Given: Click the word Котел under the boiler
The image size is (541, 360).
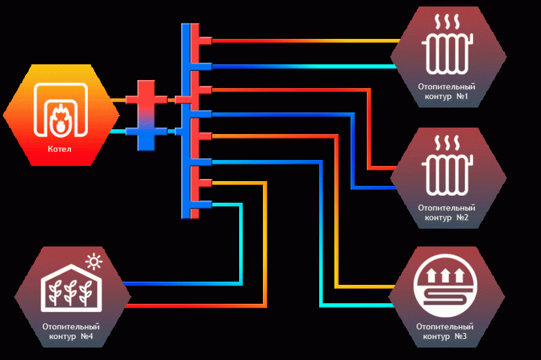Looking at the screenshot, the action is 60,149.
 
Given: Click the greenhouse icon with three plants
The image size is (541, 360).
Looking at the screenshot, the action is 71,288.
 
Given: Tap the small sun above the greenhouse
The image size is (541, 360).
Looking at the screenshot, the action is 94,262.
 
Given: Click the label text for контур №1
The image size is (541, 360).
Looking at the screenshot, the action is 446,91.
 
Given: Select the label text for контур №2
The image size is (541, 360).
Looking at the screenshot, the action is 446,213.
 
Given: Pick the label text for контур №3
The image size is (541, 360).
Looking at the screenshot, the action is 445,331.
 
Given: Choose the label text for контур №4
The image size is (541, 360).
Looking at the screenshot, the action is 71,331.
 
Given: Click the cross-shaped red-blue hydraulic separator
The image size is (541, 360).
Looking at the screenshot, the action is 146,116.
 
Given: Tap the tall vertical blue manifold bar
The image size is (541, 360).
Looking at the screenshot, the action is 186,121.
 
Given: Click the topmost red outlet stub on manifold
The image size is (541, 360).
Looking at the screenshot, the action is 206,41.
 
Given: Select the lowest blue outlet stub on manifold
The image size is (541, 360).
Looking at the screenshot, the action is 205,205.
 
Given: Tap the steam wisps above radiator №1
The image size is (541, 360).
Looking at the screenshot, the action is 447,22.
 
